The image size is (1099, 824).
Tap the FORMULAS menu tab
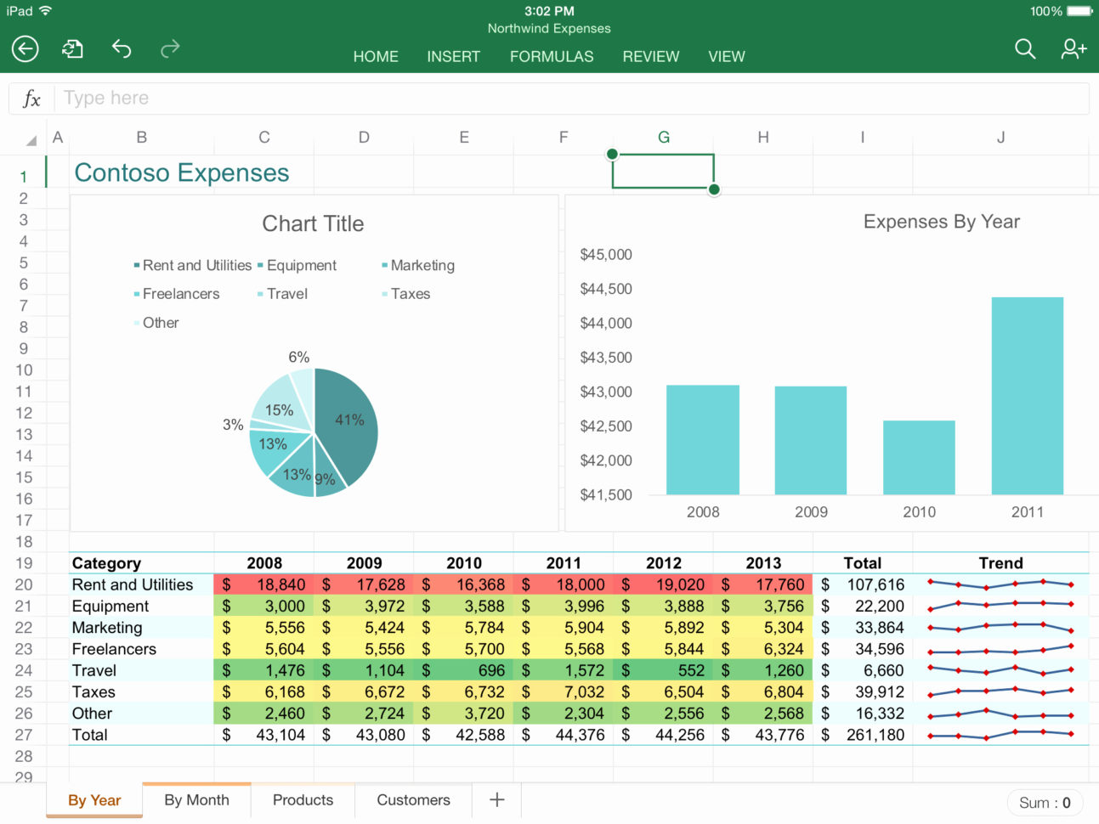[x=552, y=56]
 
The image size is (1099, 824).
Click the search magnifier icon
[x=1025, y=49]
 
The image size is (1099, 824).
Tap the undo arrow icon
[x=122, y=48]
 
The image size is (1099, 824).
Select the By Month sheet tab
[x=196, y=799]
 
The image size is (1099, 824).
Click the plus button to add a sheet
[x=497, y=799]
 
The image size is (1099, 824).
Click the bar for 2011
[x=1027, y=395]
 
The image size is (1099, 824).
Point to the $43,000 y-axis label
[x=606, y=392]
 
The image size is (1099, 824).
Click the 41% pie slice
[x=348, y=420]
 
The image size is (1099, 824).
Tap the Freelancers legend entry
[x=180, y=294]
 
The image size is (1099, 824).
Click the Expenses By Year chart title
[x=941, y=222]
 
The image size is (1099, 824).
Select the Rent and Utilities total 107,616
[x=875, y=584]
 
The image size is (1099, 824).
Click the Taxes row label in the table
[x=93, y=691]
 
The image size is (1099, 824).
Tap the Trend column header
[x=1000, y=562]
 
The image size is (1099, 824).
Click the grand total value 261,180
[x=875, y=735]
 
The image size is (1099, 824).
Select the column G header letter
[x=663, y=137]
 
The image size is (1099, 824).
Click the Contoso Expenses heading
[x=182, y=172]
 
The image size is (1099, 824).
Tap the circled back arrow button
[x=25, y=49]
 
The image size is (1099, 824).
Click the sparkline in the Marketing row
[x=1000, y=628]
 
